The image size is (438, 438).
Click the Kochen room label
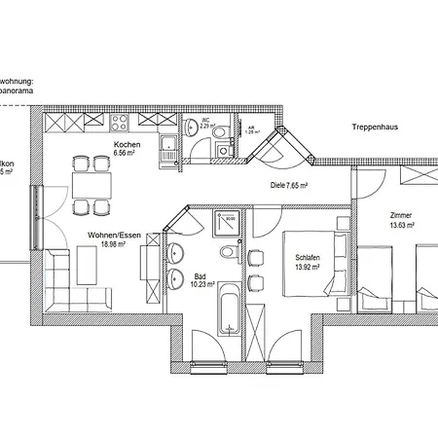[127, 145]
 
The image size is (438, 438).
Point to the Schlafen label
[308, 257]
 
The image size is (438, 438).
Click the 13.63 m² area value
[401, 224]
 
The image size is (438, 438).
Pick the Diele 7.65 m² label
[289, 185]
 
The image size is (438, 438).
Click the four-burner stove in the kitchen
[122, 123]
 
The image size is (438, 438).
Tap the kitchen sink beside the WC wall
[170, 149]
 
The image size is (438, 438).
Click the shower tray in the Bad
[224, 221]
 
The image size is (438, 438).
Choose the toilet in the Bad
[227, 252]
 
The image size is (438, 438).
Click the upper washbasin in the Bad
[175, 253]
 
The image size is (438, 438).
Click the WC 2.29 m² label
[206, 125]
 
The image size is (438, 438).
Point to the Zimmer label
[400, 215]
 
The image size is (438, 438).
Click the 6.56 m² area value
[127, 154]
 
